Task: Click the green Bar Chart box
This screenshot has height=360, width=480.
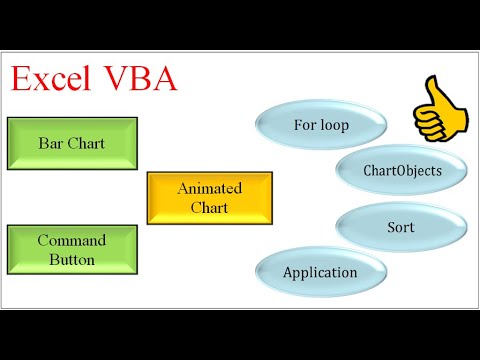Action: coord(71,143)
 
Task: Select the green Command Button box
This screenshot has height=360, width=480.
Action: coord(71,249)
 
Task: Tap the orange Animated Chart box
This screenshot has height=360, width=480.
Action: coord(209,197)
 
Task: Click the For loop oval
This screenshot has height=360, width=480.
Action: coord(321,126)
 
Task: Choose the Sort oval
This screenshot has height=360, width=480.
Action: coord(400,227)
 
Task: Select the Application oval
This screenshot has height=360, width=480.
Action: coord(320,271)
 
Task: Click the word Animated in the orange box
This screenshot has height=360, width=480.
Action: coord(209,188)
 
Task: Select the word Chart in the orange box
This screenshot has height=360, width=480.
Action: coord(209,207)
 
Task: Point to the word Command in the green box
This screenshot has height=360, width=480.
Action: coord(71,240)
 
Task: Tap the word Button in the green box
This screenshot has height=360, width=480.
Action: coord(71,259)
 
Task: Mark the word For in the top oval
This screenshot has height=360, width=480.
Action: coord(304,126)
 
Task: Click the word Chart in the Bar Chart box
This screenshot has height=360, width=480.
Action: coord(85,143)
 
